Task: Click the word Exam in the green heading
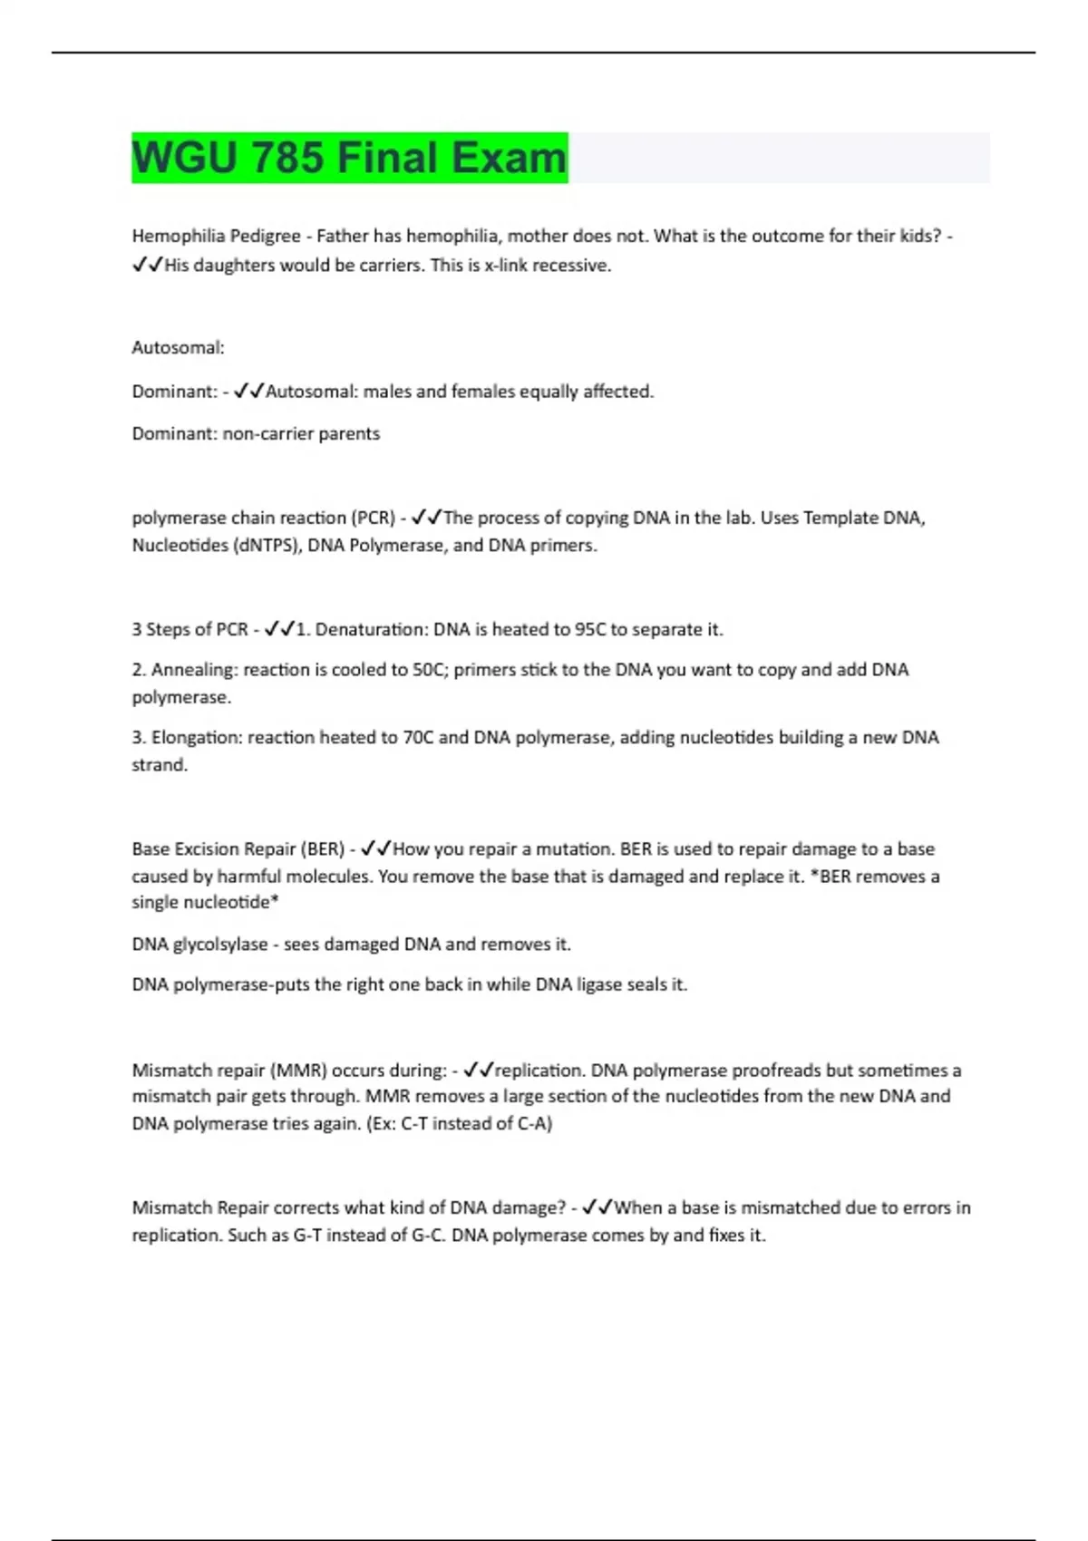(x=509, y=158)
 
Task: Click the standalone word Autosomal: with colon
(x=178, y=347)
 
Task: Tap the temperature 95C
(x=589, y=629)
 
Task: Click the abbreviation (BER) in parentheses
(x=322, y=849)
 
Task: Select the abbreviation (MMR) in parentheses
(x=297, y=1071)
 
